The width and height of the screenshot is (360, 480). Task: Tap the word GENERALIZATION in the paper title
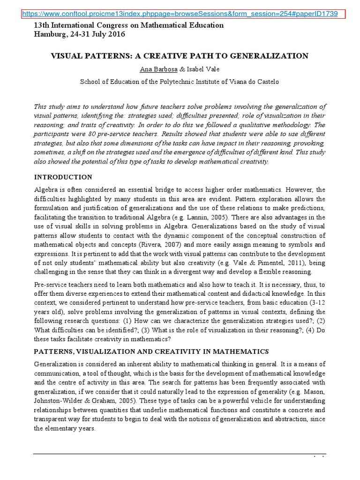274,56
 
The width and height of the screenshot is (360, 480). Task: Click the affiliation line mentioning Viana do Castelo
180,81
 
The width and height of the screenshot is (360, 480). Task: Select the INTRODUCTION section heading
63,177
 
